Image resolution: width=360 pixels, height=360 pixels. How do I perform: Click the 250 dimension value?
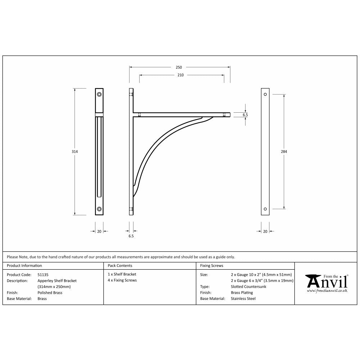pos(179,67)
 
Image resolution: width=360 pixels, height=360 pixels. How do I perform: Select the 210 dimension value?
pos(181,75)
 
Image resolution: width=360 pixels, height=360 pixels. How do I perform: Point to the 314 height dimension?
pos(75,152)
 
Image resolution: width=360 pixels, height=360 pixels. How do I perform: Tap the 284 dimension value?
pos(284,152)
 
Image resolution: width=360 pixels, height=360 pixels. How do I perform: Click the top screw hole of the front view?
pos(99,95)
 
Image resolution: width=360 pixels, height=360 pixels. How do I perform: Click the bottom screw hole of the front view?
pos(99,209)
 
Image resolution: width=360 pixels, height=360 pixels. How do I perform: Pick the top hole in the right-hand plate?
pos(265,94)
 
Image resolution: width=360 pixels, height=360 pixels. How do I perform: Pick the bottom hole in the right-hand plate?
pos(265,209)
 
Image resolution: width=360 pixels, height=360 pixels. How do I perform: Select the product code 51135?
pos(43,274)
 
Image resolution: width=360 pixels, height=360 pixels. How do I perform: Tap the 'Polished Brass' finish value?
pos(50,293)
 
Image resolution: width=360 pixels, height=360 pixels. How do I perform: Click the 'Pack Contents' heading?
pos(120,266)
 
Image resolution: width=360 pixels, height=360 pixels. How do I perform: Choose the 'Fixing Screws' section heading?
pos(212,266)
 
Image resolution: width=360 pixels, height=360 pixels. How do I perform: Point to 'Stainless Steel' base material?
pos(243,298)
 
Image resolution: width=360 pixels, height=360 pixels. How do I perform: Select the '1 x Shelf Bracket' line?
pos(122,274)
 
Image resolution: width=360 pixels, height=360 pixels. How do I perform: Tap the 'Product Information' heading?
pos(24,266)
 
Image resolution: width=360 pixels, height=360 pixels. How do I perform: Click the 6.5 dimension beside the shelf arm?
pos(246,115)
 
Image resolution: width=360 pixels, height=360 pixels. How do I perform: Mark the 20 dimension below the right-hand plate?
pos(265,231)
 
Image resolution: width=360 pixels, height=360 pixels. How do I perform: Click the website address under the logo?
pos(327,290)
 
